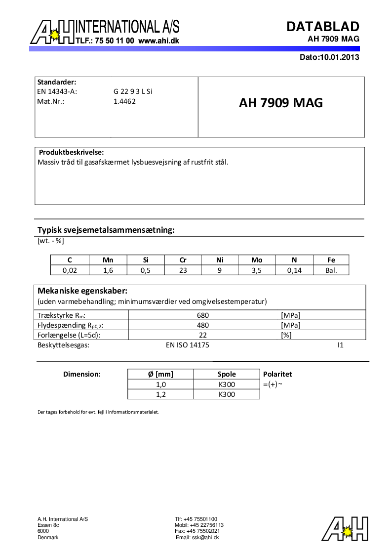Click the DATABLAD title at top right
pyautogui.click(x=323, y=26)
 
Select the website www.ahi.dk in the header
pyautogui.click(x=158, y=41)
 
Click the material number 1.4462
pyautogui.click(x=124, y=101)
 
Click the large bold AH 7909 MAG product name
pyautogui.click(x=281, y=103)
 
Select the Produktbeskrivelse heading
pyautogui.click(x=71, y=152)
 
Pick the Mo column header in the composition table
pyautogui.click(x=257, y=260)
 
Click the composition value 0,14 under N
pyautogui.click(x=294, y=270)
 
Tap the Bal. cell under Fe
pyautogui.click(x=331, y=270)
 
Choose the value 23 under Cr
pyautogui.click(x=183, y=270)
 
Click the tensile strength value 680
pyautogui.click(x=203, y=315)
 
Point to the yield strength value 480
pyautogui.click(x=203, y=325)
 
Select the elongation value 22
pyautogui.click(x=203, y=335)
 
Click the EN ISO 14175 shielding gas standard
pyautogui.click(x=188, y=345)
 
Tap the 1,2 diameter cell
pyautogui.click(x=160, y=394)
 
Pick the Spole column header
pyautogui.click(x=227, y=374)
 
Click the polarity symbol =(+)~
pyautogui.click(x=273, y=384)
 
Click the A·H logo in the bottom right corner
pyautogui.click(x=346, y=528)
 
